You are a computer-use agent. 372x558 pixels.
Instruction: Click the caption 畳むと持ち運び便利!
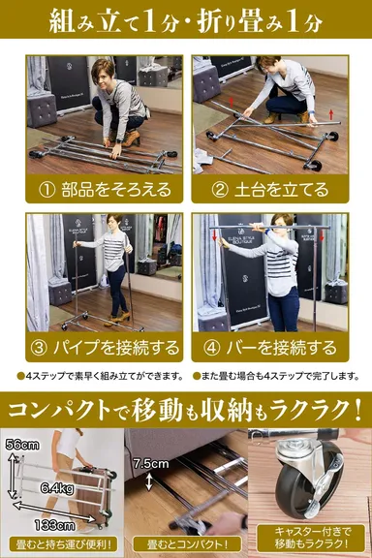click(63, 542)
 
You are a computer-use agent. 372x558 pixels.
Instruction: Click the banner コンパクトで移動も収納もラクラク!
click(186, 402)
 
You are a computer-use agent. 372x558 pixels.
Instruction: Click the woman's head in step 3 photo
click(114, 223)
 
